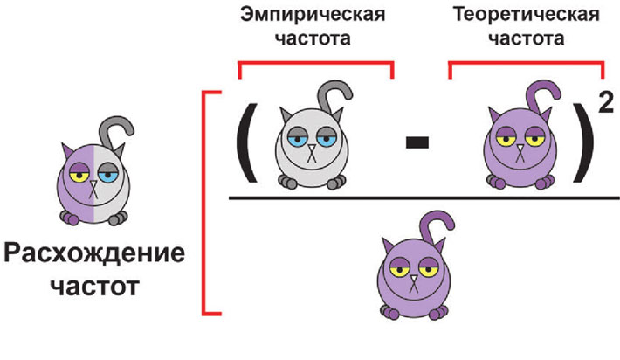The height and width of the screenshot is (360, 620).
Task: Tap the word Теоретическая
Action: pos(527,16)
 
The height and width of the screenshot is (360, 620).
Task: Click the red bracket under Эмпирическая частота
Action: pos(315,64)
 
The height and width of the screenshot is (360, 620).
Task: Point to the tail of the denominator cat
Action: pos(436,222)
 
